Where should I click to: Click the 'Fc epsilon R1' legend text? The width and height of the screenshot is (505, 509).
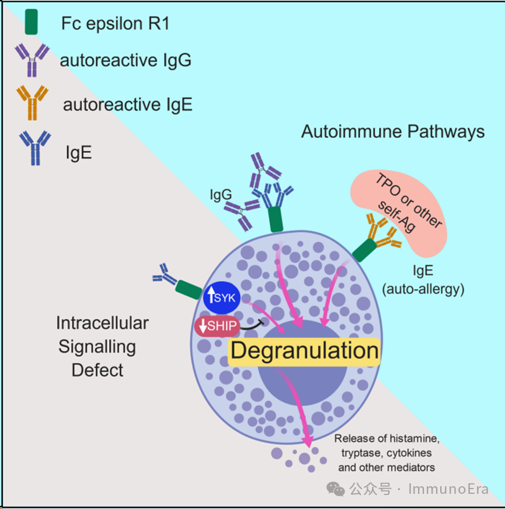click(115, 23)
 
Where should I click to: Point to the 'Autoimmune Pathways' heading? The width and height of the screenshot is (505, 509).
click(392, 131)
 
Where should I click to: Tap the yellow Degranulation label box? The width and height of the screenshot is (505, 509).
click(304, 351)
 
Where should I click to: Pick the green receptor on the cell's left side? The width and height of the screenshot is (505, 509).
click(188, 289)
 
